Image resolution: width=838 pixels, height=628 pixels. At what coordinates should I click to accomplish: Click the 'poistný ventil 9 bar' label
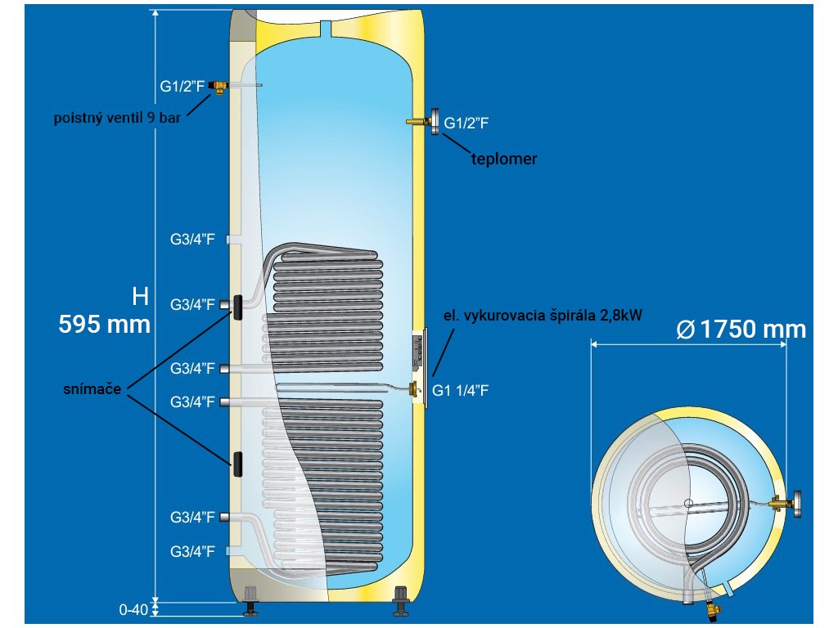(x=117, y=117)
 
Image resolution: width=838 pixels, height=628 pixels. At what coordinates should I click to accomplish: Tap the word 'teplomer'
(x=504, y=159)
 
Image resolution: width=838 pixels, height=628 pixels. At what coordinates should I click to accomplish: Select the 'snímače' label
(x=92, y=390)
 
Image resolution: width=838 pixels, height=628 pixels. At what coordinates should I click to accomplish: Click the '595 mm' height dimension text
(x=104, y=325)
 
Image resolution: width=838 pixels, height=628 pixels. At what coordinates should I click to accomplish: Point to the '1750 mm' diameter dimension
(x=742, y=330)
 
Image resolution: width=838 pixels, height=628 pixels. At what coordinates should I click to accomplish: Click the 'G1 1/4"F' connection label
(x=462, y=390)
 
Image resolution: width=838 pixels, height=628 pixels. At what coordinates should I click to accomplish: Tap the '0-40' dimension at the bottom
(x=133, y=609)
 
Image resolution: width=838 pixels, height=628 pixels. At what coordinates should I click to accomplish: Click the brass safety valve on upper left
(x=219, y=86)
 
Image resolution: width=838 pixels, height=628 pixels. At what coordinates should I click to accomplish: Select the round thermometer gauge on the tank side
(x=432, y=122)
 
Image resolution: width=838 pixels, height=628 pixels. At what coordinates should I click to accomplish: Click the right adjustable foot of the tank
(x=401, y=600)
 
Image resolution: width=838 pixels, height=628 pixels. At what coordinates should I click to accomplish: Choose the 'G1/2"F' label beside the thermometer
(x=466, y=123)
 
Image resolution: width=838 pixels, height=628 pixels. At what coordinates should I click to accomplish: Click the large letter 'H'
(x=141, y=295)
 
